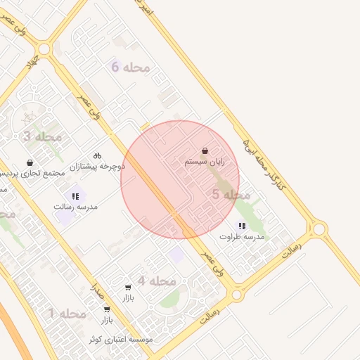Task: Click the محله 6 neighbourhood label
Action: [x=131, y=67]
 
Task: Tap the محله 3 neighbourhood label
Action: [x=43, y=136]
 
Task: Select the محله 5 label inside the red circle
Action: [x=231, y=195]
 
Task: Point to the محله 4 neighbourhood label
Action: [x=156, y=281]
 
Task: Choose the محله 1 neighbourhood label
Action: [x=67, y=313]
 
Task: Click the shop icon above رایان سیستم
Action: [x=205, y=151]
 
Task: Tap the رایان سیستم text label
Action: [x=205, y=162]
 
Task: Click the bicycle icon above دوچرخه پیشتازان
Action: [x=97, y=155]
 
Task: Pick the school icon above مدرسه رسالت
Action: [x=75, y=196]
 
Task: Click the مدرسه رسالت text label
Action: [x=76, y=207]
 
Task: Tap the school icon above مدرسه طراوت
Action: [x=242, y=226]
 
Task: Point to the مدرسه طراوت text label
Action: [x=242, y=237]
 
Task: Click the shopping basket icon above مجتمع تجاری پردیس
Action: [x=30, y=162]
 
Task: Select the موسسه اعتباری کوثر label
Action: [x=120, y=340]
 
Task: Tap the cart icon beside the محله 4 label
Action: [x=127, y=287]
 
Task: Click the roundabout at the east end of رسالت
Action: [x=319, y=229]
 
